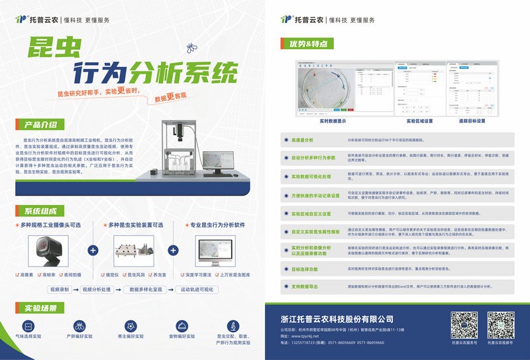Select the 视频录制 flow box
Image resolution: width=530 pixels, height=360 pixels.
coord(59,290)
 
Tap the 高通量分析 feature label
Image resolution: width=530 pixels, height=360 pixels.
coord(303,141)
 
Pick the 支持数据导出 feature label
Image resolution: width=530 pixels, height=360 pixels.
coord(305,286)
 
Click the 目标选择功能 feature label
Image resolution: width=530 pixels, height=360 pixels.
coord(305,269)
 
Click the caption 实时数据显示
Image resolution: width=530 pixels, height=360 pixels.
coord(333,121)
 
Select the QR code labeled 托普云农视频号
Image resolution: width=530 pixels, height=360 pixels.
coord(501,325)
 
